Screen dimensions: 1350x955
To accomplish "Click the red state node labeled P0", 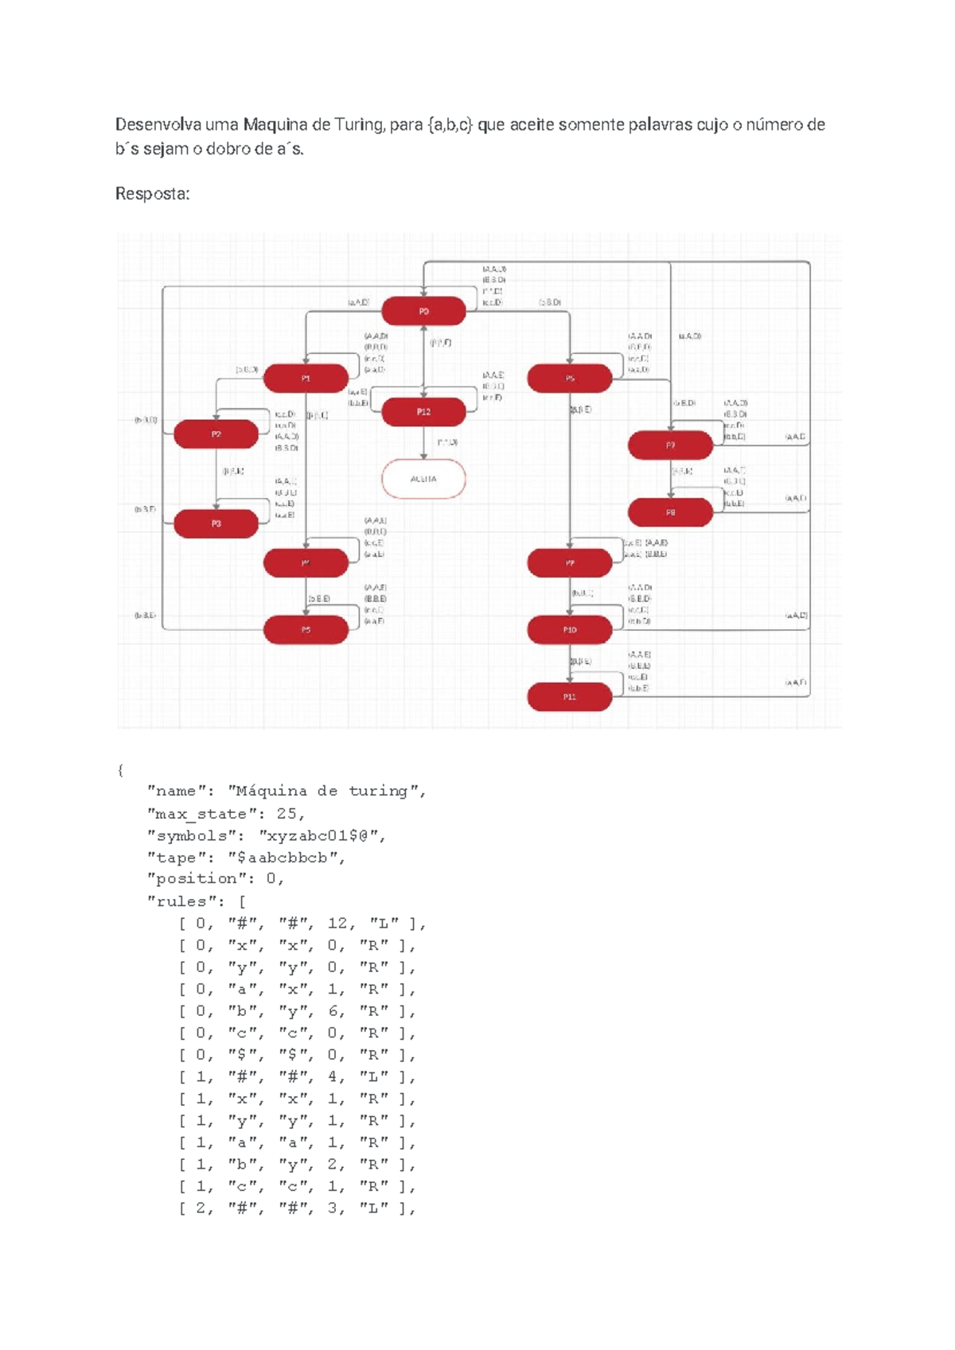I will click(423, 311).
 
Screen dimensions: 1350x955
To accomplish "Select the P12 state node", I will click(423, 412).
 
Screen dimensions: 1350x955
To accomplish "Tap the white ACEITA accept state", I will click(423, 479).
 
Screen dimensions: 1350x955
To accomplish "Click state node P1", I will click(306, 379).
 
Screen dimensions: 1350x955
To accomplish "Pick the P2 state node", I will click(216, 434).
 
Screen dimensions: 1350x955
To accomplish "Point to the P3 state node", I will click(216, 523).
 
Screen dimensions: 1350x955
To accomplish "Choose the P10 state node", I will click(570, 630).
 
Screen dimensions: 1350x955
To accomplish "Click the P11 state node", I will click(570, 697).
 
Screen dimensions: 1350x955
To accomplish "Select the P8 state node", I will click(670, 513).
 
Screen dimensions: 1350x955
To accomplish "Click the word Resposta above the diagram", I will click(152, 194).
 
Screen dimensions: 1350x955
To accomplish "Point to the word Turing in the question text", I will click(358, 125).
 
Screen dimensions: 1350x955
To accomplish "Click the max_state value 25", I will click(286, 814).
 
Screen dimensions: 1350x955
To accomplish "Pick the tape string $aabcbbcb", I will click(286, 858).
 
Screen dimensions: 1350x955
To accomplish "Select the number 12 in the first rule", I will click(337, 924).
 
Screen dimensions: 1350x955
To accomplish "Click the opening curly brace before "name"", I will click(120, 770).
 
